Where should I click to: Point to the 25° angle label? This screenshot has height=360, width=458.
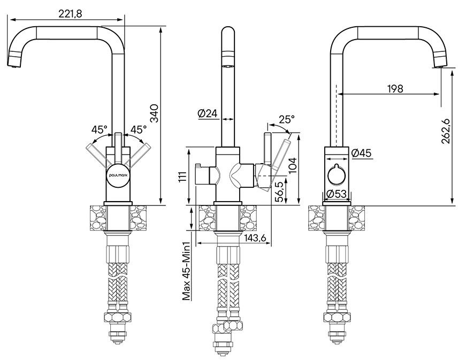(286, 119)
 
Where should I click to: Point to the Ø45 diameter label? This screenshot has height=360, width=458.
(362, 154)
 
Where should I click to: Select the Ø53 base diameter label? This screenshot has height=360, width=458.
(336, 194)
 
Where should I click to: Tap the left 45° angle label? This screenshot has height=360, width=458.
(99, 129)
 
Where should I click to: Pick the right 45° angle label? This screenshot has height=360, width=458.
(139, 129)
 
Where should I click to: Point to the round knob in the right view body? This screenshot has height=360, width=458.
(336, 174)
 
